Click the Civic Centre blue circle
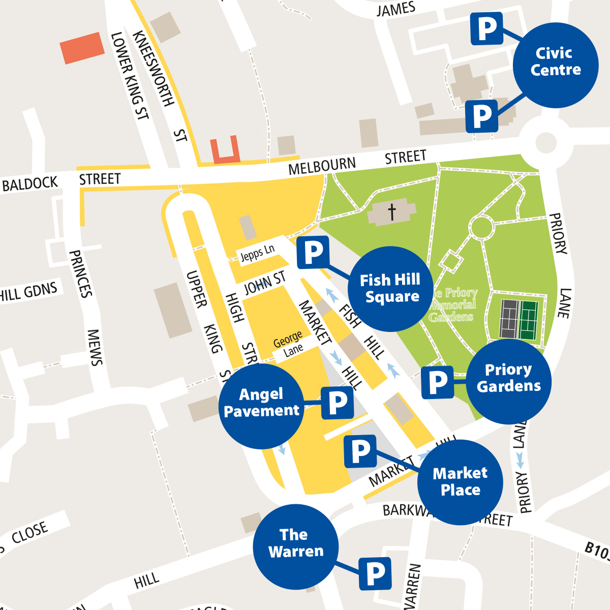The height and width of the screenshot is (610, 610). pos(556,65)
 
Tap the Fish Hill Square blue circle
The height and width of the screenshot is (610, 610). pos(390,289)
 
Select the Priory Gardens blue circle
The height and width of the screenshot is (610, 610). pos(509,381)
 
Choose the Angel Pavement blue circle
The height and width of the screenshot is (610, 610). pos(262,406)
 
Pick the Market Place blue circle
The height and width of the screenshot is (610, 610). pos(460,482)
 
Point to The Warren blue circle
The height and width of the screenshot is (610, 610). pos(296,547)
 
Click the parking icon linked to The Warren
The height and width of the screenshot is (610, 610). pos(375,574)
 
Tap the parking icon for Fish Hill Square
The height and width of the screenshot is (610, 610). pos(313,252)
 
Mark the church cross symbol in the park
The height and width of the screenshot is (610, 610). pos(392,211)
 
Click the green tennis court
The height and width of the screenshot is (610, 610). pos(529,320)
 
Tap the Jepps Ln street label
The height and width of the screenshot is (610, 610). pos(257,252)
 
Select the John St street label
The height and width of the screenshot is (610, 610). pos(264,283)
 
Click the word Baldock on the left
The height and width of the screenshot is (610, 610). pos(30,184)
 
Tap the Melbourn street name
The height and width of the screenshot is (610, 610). pos(322,166)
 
